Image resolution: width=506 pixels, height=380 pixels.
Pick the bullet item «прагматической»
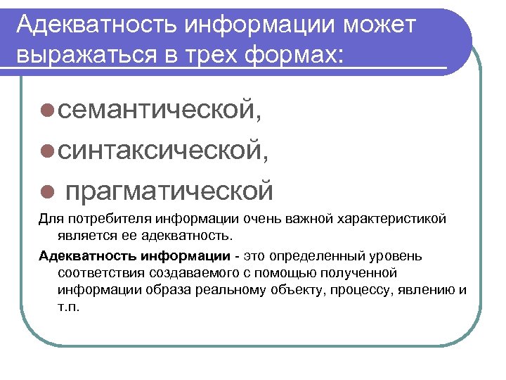[169, 189]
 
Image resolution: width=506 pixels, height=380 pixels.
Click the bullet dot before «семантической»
[46, 110]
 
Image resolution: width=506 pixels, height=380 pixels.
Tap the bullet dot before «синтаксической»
[46, 150]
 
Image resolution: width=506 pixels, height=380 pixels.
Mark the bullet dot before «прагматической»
[46, 189]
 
